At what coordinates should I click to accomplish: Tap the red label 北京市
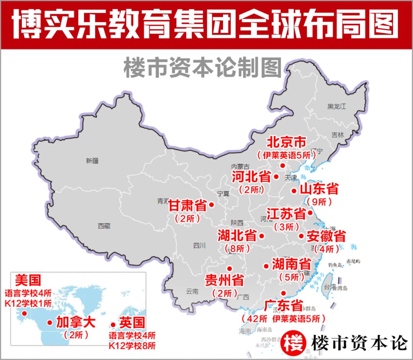click(286, 142)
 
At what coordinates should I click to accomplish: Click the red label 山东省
click(319, 189)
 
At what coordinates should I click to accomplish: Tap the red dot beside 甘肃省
click(211, 205)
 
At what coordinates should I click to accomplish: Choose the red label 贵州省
click(225, 280)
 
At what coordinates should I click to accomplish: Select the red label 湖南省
click(291, 264)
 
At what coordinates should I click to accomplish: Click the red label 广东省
click(283, 306)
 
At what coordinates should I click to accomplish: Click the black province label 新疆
click(92, 161)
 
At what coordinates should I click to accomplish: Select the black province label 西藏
click(104, 226)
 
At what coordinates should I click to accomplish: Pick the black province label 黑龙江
click(337, 106)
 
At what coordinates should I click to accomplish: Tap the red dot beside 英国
click(113, 325)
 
